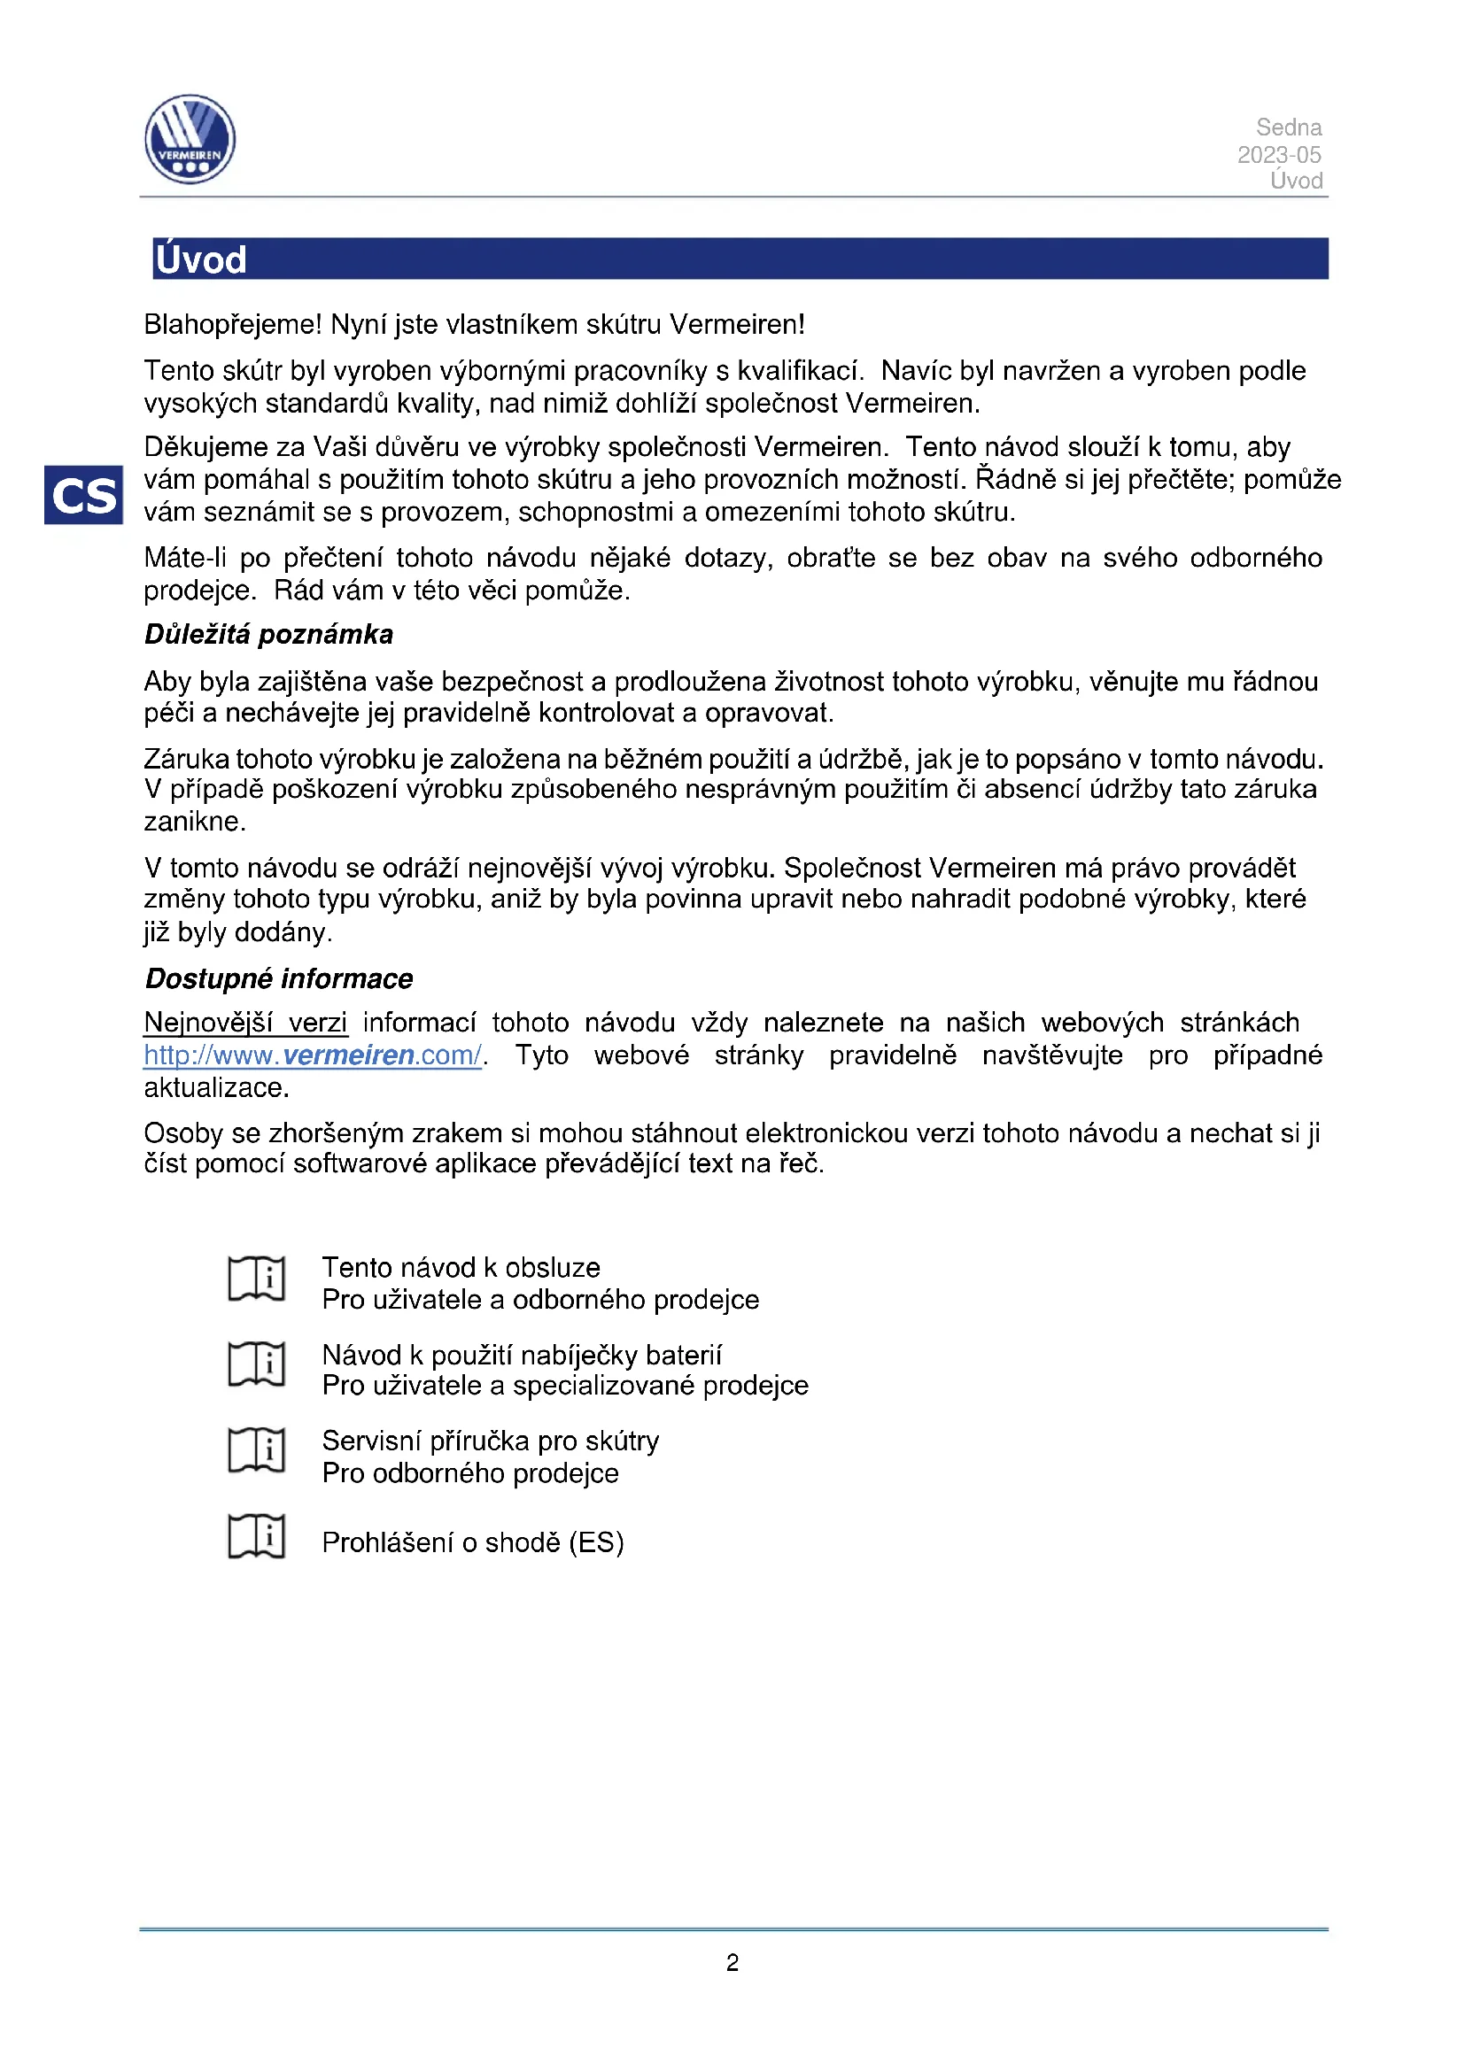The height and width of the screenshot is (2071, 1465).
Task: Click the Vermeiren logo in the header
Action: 190,139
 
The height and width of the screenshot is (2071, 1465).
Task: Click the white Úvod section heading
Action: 200,259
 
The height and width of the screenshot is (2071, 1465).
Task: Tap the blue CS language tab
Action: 83,494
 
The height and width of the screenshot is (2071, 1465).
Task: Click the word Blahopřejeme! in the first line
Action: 233,324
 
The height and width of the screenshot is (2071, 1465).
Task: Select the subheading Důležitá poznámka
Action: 269,634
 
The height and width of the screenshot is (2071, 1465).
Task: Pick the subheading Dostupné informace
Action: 279,978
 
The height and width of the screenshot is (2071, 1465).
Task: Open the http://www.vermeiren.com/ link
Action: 313,1055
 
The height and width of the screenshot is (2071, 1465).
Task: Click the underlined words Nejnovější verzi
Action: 245,1022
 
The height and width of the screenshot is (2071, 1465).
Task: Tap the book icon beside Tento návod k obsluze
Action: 256,1279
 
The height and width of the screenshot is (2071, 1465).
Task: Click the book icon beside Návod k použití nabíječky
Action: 256,1364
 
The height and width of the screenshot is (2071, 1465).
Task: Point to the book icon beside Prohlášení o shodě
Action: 256,1536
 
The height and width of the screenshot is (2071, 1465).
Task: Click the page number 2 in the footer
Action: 732,1964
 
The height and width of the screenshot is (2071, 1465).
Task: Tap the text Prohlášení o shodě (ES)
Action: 473,1542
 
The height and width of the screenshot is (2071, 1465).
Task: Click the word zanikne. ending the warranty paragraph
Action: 195,822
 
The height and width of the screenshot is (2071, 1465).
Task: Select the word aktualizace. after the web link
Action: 216,1087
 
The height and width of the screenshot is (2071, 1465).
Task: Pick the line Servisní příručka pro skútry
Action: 491,1441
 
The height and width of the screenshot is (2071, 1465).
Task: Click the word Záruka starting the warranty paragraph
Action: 187,759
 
